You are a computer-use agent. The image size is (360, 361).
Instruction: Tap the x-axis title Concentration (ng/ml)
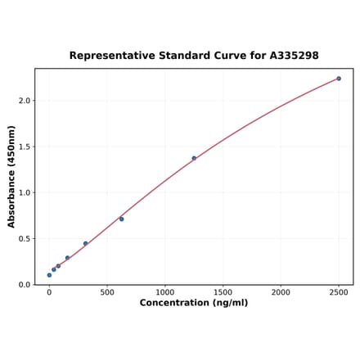click(194, 303)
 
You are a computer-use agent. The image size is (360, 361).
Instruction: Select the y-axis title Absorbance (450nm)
click(11, 176)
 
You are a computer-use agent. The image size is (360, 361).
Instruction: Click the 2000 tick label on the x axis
click(281, 291)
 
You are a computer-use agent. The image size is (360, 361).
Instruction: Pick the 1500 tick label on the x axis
click(223, 291)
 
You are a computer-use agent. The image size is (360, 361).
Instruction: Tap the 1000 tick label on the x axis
click(165, 291)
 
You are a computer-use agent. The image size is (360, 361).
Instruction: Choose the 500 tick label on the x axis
click(107, 291)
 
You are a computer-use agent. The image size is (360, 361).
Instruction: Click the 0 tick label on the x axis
click(49, 291)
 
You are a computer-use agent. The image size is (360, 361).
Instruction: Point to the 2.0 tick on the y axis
click(24, 101)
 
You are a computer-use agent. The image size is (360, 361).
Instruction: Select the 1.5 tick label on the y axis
click(24, 147)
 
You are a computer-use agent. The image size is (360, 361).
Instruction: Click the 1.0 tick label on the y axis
click(24, 193)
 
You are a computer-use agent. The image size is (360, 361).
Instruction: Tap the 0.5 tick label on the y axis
click(24, 239)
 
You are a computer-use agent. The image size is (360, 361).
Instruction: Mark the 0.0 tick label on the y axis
click(24, 285)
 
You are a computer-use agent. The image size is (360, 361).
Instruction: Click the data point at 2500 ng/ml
click(339, 79)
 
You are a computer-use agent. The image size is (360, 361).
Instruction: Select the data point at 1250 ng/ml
click(194, 158)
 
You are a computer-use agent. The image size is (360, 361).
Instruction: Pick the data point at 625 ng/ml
click(122, 219)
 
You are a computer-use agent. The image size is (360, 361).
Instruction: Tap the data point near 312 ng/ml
click(85, 243)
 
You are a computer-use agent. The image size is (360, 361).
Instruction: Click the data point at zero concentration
click(49, 275)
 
